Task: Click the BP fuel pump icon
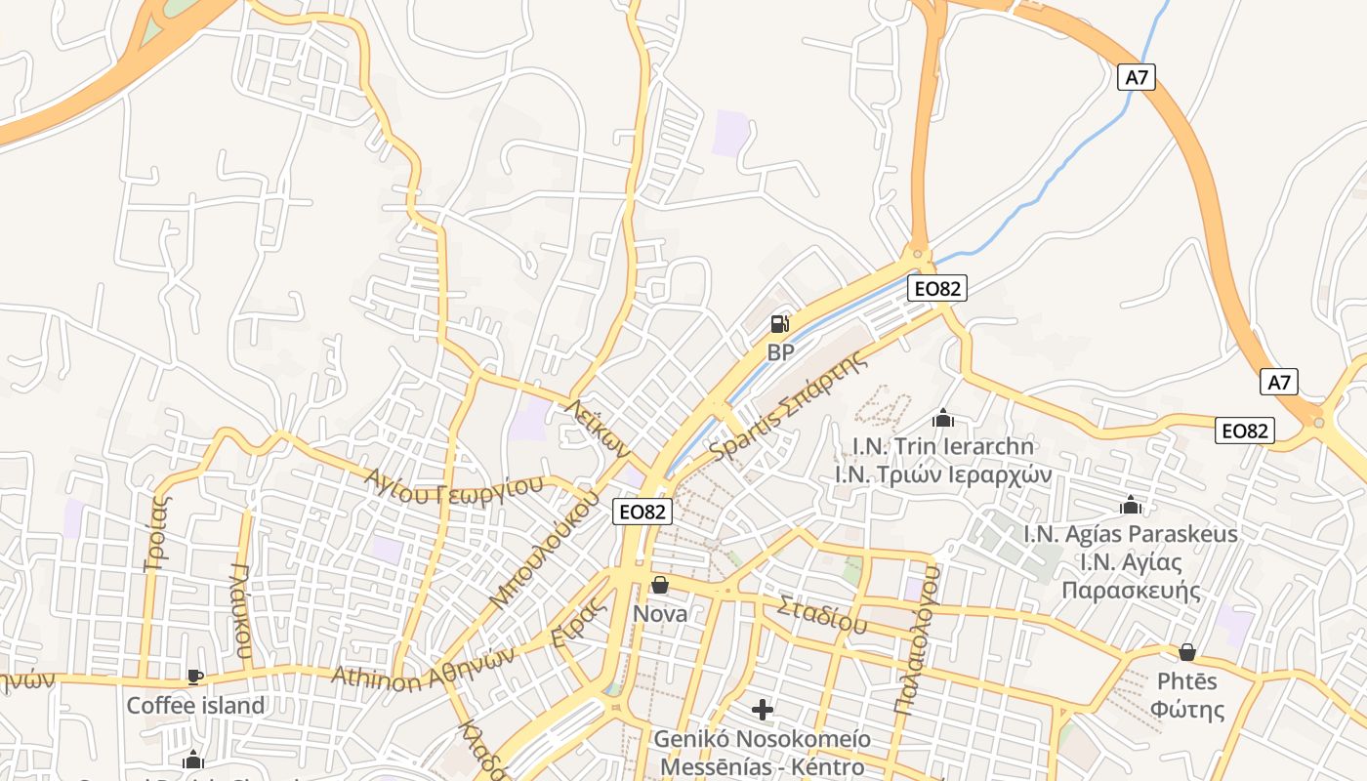779,323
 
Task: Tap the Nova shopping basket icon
660,585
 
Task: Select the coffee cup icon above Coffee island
195,676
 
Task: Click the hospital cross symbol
763,709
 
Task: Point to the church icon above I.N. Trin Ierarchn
942,418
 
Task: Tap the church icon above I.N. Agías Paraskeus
1131,505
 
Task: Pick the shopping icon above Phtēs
1187,651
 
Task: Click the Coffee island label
195,705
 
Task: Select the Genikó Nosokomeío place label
763,738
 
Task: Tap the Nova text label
660,613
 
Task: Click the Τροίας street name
159,531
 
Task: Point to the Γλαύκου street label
243,611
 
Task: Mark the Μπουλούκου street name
544,551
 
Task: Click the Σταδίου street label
822,615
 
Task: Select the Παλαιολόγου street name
918,640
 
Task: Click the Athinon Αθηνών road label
422,668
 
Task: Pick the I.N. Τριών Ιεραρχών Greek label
942,474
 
